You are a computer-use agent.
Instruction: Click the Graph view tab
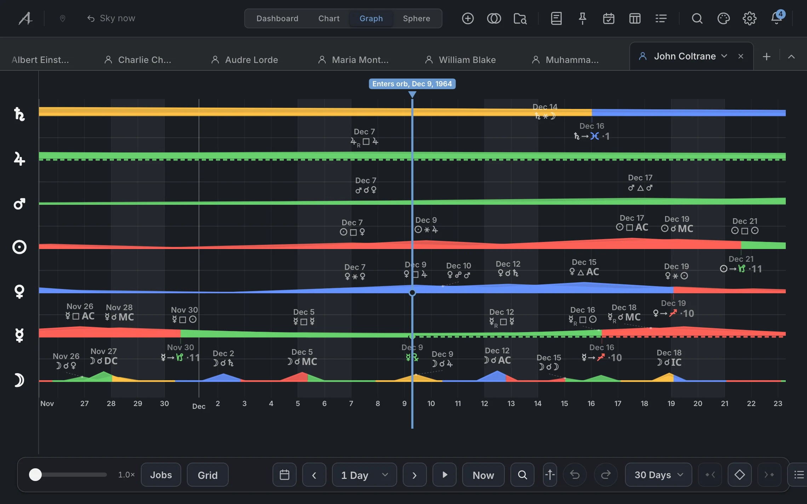click(371, 18)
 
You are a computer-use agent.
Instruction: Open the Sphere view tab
click(416, 18)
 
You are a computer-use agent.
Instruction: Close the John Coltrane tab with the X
click(741, 56)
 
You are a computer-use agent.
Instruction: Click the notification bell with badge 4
click(777, 18)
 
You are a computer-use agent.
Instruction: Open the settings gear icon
click(749, 18)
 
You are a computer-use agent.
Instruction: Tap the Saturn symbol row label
click(19, 114)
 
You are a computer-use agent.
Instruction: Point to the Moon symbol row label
click(19, 380)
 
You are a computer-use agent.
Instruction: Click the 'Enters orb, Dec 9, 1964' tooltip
click(412, 84)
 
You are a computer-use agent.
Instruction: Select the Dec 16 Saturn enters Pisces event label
click(592, 132)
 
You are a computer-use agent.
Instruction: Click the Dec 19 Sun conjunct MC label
click(677, 224)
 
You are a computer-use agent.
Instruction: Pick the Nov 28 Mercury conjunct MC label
click(119, 312)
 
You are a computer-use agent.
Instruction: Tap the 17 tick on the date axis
click(618, 404)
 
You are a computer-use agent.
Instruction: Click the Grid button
click(207, 475)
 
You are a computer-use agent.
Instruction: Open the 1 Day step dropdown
click(364, 475)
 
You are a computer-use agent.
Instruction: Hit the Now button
click(483, 475)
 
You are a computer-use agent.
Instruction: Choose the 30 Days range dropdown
click(658, 475)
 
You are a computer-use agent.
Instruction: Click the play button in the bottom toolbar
click(445, 475)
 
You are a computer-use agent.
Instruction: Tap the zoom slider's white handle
click(35, 475)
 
